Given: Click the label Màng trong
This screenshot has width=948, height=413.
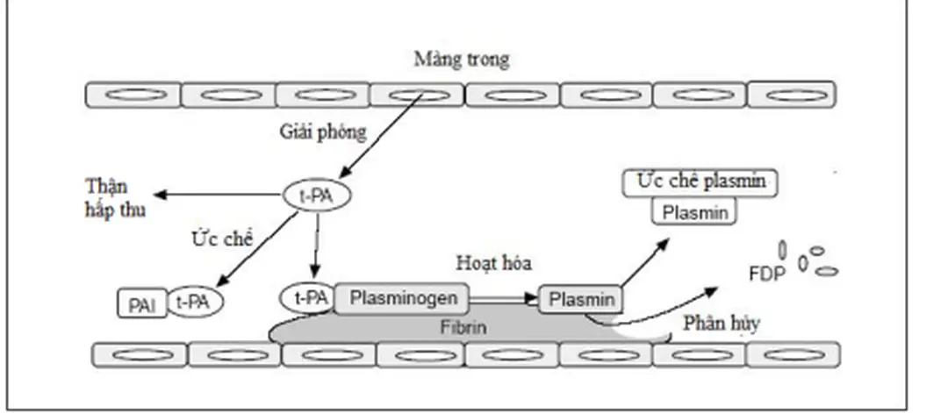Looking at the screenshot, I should [461, 61].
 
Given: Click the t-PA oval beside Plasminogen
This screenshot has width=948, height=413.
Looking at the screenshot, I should [305, 298].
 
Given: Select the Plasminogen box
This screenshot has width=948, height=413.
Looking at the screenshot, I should [403, 298].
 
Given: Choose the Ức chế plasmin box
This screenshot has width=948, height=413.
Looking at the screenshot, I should [698, 183].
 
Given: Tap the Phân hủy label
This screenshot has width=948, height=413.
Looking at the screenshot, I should [720, 323].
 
